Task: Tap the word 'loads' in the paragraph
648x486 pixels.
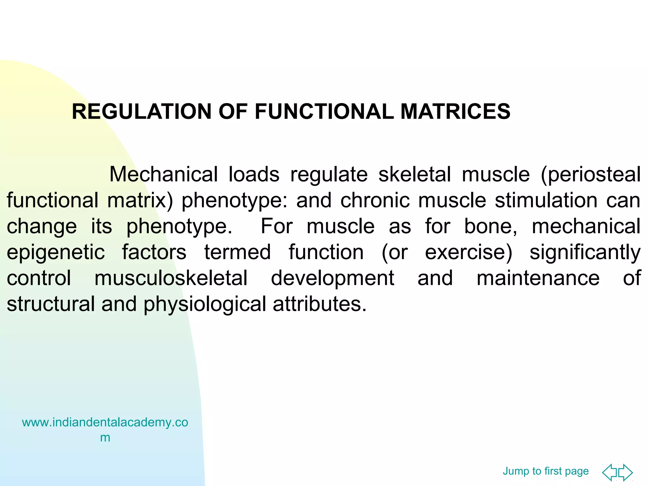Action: [254, 174]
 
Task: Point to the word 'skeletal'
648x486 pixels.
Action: [414, 174]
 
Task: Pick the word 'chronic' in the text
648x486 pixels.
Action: [375, 200]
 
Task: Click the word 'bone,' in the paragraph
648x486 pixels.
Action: [491, 227]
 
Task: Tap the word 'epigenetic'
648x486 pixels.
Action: [56, 252]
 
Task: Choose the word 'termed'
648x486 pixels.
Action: [237, 252]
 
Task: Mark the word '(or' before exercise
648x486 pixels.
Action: [395, 252]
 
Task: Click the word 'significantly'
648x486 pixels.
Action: [585, 252]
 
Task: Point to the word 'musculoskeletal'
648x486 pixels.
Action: [171, 278]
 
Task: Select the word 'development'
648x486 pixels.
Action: [333, 278]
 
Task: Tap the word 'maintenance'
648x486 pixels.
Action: [538, 278]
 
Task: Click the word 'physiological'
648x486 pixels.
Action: [205, 304]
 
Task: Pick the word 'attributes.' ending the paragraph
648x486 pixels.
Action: [320, 304]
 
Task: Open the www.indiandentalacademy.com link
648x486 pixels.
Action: [105, 429]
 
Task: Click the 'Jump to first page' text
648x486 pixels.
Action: [545, 471]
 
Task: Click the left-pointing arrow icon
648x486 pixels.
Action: [610, 472]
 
